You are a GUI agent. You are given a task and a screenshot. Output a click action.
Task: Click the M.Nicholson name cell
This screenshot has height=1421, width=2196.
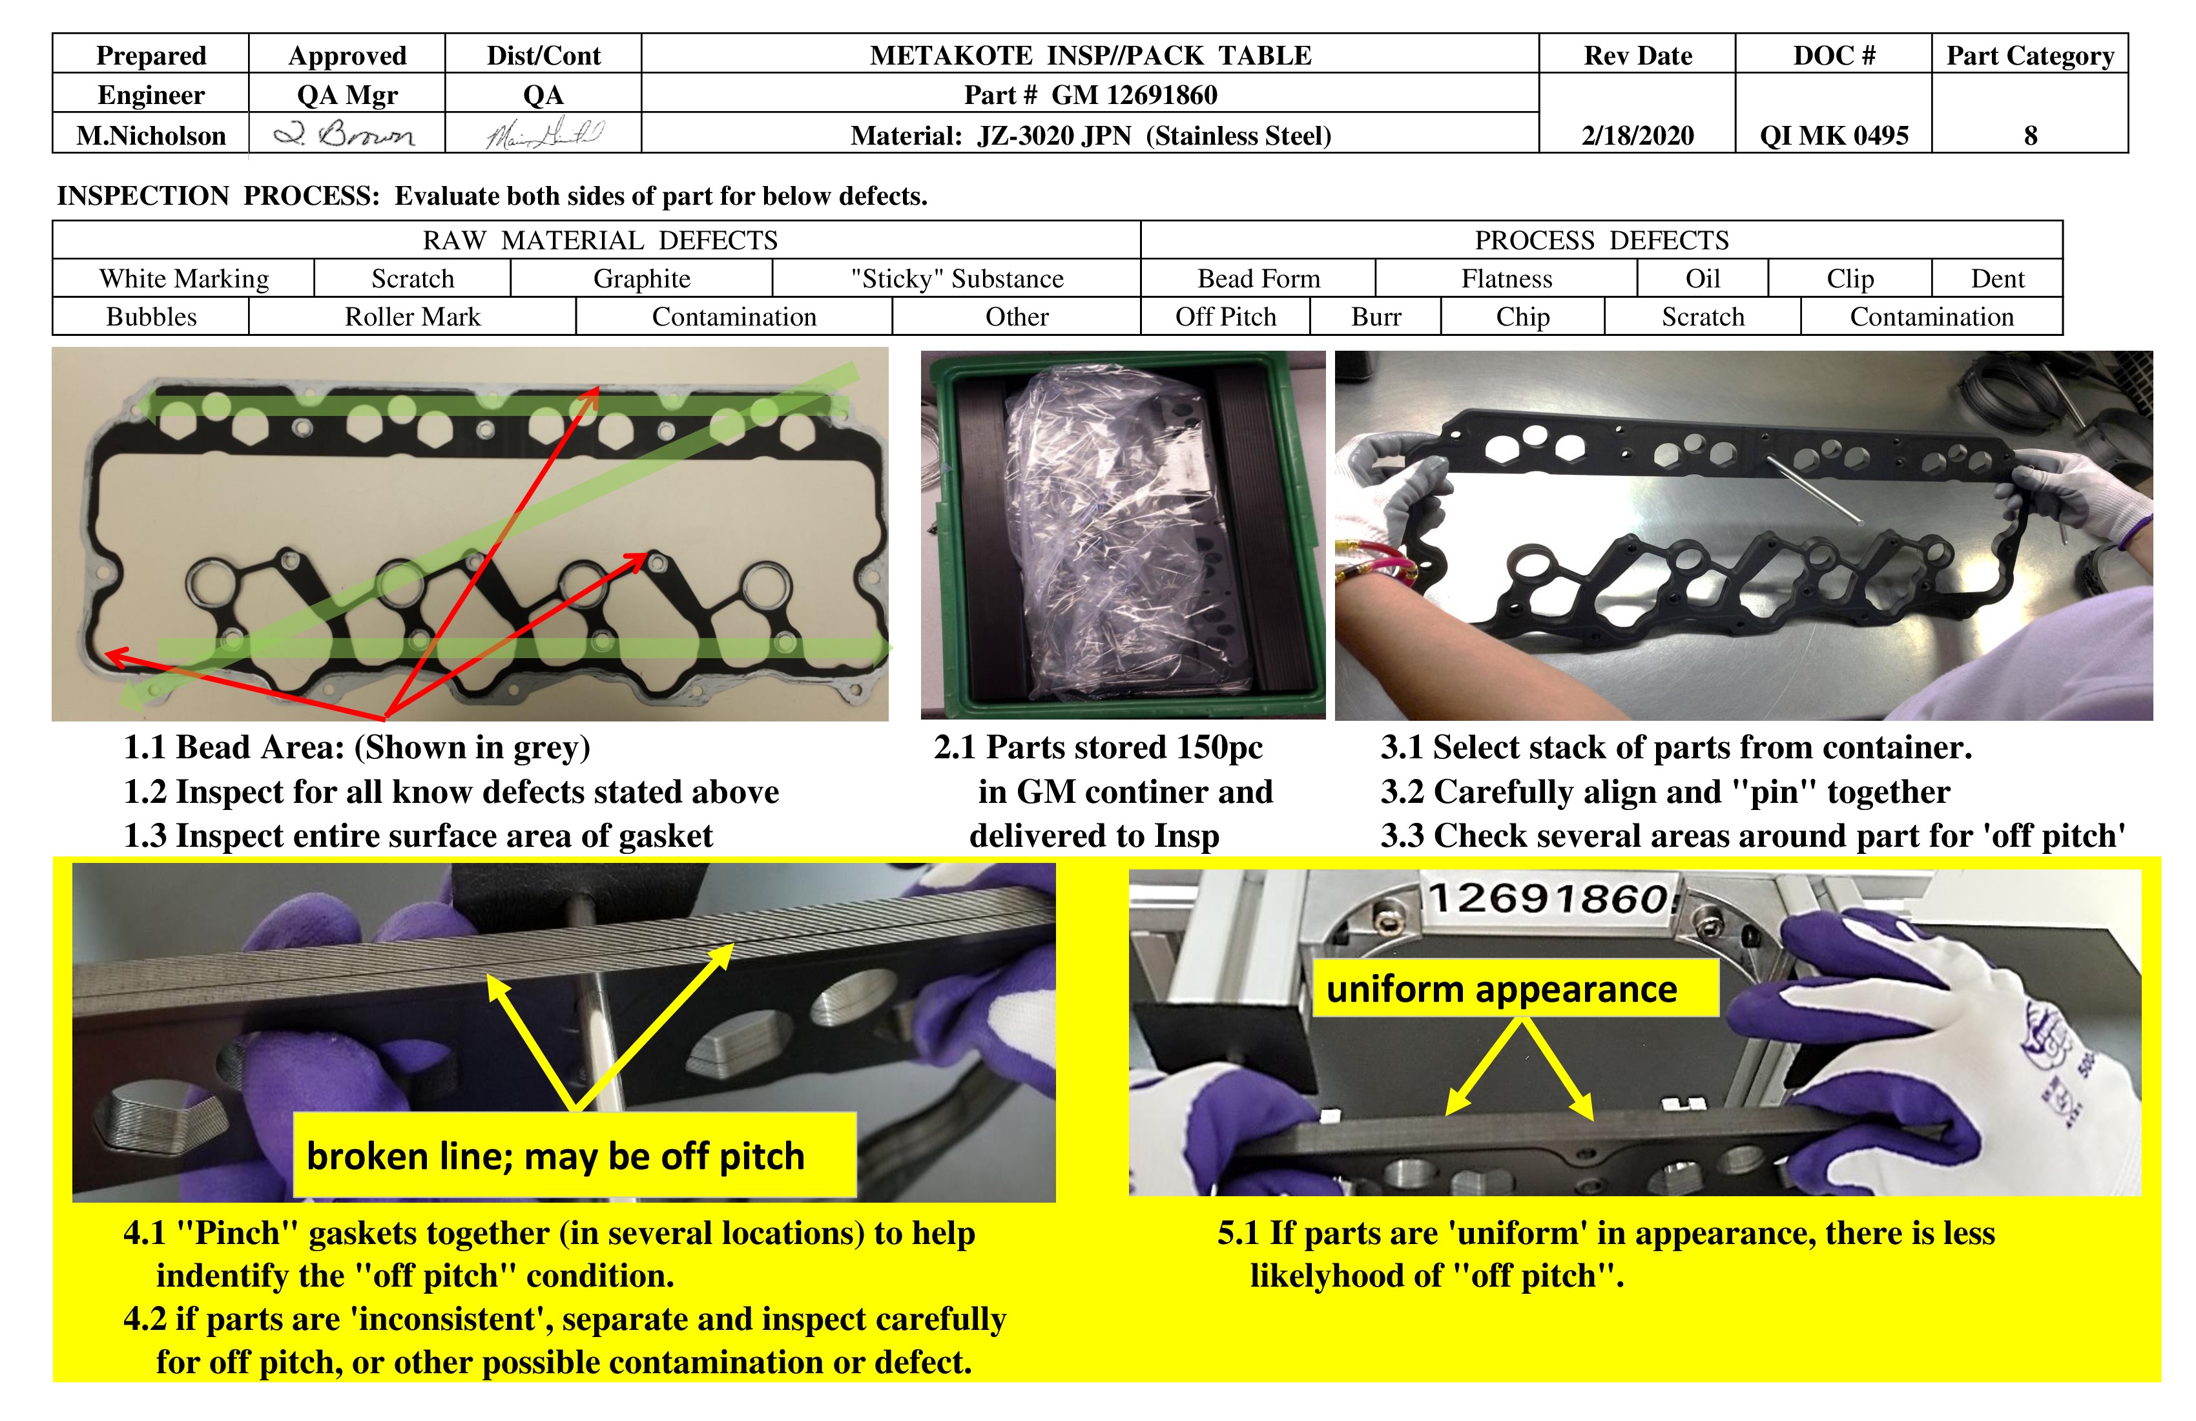tap(150, 136)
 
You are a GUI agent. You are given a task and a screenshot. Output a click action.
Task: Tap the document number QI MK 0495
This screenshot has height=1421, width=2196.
tap(1834, 136)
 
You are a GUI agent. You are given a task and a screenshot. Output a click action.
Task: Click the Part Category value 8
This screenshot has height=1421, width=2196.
tap(2030, 136)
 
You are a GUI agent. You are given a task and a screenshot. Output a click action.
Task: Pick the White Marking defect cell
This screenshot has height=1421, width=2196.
tap(183, 278)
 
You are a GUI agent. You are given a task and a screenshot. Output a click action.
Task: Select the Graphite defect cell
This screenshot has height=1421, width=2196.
tap(641, 278)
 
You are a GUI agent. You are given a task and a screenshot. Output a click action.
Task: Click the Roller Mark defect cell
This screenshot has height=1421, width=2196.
tap(413, 316)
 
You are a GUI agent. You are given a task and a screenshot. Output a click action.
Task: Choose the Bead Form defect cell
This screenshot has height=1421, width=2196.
tap(1259, 278)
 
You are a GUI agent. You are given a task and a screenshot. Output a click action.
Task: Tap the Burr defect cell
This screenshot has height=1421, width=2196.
tap(1376, 316)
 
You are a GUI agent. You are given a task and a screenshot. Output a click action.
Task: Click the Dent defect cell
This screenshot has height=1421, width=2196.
tap(1998, 278)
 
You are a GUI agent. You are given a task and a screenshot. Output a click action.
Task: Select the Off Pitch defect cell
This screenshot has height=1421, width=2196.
tap(1225, 316)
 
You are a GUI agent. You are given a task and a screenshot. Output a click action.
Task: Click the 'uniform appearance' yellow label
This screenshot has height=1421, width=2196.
tap(1501, 989)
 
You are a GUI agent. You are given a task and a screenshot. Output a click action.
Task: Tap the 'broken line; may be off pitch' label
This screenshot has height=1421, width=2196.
tap(556, 1156)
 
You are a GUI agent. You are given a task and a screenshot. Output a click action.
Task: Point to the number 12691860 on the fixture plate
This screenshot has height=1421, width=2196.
tap(1550, 897)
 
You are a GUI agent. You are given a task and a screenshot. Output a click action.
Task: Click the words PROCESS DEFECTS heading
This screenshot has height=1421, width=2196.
tap(1601, 240)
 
